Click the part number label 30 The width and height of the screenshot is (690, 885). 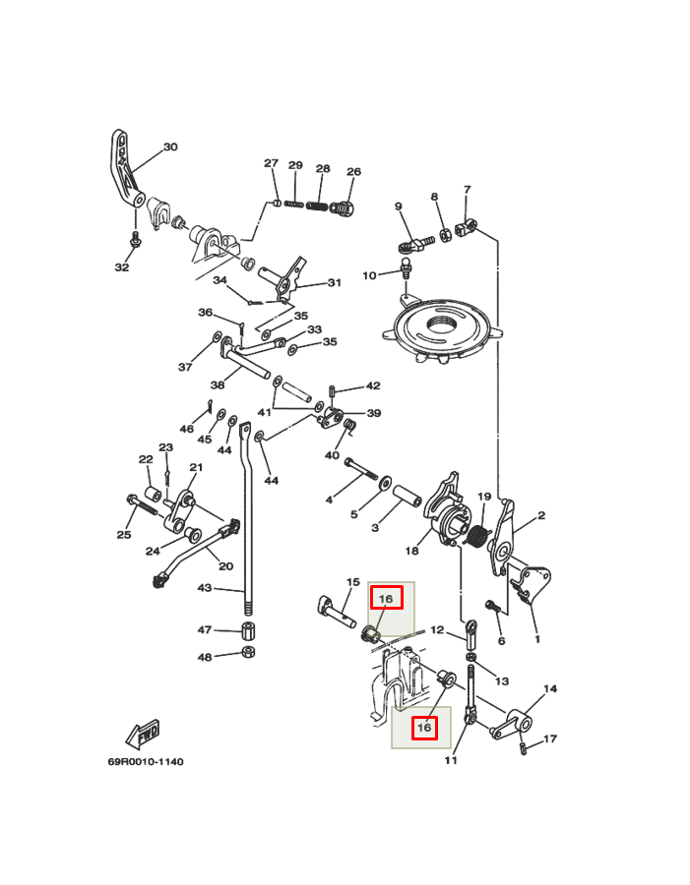[x=170, y=147]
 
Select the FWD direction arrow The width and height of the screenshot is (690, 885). [x=144, y=734]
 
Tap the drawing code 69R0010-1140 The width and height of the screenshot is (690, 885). [x=146, y=762]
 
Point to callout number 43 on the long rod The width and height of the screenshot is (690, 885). [x=205, y=588]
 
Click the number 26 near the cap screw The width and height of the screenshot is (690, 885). [x=353, y=172]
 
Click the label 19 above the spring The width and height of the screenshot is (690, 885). [x=484, y=497]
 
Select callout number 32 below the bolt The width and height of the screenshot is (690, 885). [x=122, y=267]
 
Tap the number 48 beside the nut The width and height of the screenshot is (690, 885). [x=205, y=657]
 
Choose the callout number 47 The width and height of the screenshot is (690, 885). [x=205, y=629]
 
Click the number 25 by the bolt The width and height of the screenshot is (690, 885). [x=124, y=535]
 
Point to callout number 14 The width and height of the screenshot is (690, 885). [x=550, y=688]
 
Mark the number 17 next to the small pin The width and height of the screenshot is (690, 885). [x=550, y=738]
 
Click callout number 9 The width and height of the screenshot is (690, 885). [x=399, y=206]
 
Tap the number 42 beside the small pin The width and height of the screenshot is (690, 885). [x=373, y=386]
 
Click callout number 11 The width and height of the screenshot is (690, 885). [x=451, y=760]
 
